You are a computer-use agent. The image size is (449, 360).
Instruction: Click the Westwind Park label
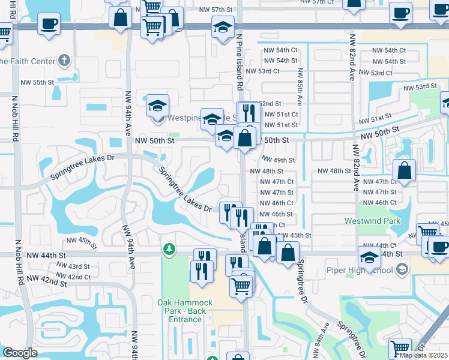[372, 221]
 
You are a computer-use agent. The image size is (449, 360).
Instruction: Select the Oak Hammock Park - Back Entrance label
[181, 311]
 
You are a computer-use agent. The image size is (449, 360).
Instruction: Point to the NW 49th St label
[279, 160]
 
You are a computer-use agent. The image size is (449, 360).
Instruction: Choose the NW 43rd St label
[78, 266]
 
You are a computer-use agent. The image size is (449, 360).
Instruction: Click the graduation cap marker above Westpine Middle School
[157, 105]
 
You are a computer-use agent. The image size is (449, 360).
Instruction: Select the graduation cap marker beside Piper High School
[369, 256]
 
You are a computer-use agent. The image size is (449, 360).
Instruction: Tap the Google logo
[19, 353]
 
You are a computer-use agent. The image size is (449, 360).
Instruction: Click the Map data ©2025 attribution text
[424, 355]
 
